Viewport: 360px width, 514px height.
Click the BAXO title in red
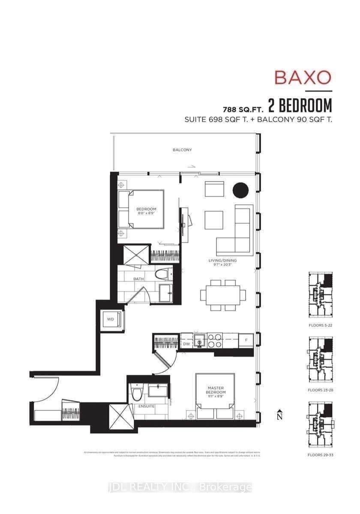303,78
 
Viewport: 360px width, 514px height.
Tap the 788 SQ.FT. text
242,106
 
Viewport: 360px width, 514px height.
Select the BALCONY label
182,150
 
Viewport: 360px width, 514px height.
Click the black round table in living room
240,190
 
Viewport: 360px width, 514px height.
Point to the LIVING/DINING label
222,260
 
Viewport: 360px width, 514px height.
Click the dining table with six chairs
223,295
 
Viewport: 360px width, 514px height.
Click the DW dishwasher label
186,344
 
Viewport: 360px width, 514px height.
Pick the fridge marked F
246,341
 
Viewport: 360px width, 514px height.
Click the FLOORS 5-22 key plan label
320,326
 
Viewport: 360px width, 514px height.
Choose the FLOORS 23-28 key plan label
320,390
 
